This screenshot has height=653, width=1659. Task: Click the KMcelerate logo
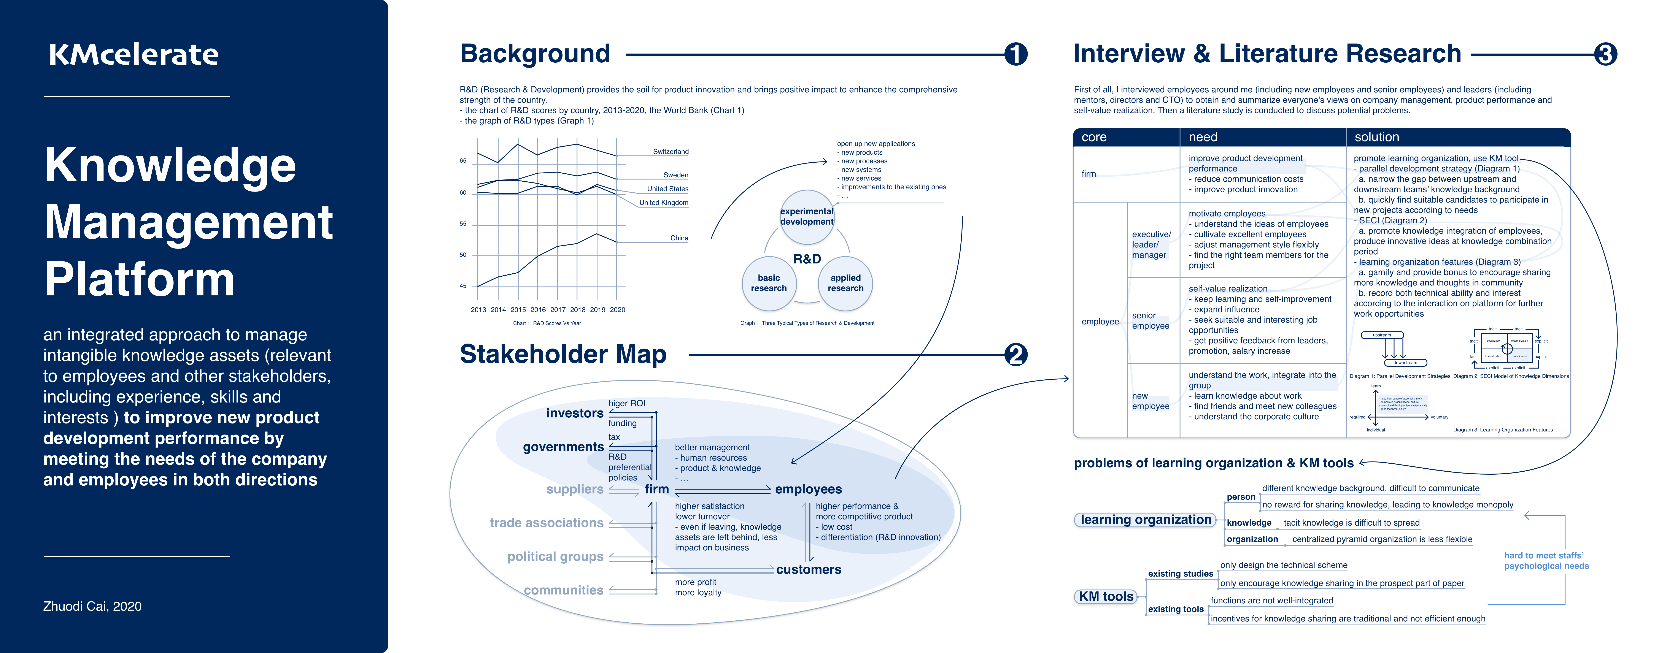[x=134, y=55]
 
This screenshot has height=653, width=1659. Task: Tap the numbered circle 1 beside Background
[x=1016, y=54]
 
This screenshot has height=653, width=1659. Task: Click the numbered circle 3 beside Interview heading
[x=1605, y=54]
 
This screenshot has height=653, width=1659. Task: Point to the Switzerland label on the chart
[x=671, y=152]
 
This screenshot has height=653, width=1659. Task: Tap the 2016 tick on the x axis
[x=538, y=310]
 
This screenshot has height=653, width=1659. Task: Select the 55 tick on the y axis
[x=463, y=224]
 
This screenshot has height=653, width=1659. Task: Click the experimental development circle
[x=806, y=216]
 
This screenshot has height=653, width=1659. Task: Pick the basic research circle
[x=769, y=283]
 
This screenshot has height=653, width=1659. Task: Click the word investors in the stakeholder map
[x=574, y=414]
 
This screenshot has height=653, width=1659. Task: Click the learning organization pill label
[x=1146, y=520]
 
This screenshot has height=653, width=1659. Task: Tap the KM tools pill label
[x=1106, y=596]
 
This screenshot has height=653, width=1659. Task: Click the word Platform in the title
[x=139, y=279]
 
